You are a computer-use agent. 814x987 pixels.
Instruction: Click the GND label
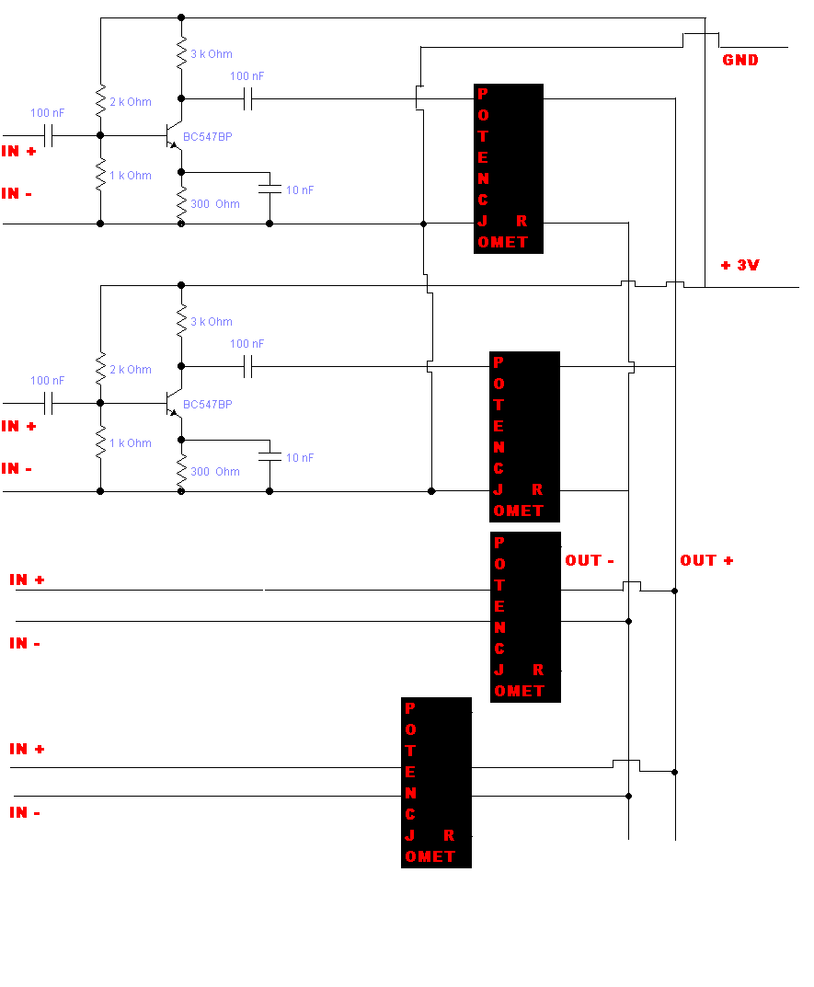point(740,60)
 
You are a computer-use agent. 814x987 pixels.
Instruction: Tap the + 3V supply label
point(740,265)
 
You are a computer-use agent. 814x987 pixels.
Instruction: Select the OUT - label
point(590,560)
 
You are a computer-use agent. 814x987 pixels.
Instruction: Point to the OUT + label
point(706,560)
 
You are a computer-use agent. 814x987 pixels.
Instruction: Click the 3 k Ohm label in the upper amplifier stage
point(212,54)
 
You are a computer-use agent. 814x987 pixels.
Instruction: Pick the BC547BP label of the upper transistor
point(208,136)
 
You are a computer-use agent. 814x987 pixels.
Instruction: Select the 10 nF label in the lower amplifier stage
point(300,457)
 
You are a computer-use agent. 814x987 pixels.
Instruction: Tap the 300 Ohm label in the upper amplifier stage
point(215,204)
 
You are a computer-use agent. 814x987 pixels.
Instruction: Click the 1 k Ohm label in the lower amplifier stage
point(131,443)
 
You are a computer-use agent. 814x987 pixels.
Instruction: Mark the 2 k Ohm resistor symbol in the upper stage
point(101,101)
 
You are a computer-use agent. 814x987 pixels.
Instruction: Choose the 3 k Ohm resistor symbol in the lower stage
point(181,320)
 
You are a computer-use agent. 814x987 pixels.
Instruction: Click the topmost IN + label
point(19,151)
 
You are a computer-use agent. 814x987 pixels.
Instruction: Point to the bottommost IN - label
point(25,812)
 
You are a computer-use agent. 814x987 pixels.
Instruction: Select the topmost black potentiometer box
point(508,168)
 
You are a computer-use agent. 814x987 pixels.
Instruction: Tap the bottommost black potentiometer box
point(436,783)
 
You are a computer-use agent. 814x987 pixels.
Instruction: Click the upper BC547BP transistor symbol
point(174,135)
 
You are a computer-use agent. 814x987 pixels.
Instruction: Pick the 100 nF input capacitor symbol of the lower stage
point(49,403)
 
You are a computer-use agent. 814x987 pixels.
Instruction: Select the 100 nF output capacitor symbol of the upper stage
point(248,98)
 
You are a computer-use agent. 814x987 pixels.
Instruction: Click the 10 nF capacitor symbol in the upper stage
point(269,188)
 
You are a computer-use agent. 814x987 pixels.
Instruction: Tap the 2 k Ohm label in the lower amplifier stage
point(131,370)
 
